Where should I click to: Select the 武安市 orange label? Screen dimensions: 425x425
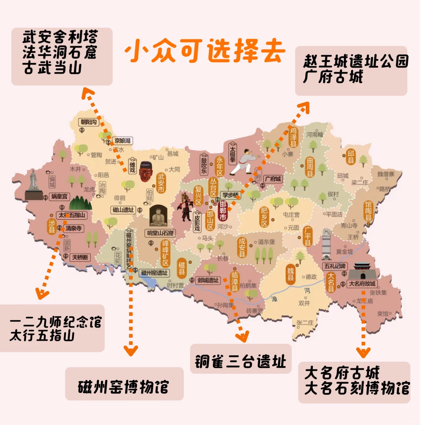[161, 183]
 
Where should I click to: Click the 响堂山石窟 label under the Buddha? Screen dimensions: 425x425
[160, 233]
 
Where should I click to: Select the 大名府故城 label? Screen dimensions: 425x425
[362, 284]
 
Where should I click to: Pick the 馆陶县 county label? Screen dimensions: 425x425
[368, 211]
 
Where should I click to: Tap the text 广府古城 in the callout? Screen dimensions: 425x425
[333, 78]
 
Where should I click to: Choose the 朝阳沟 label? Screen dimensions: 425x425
[89, 122]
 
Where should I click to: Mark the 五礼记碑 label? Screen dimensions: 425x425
[335, 266]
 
